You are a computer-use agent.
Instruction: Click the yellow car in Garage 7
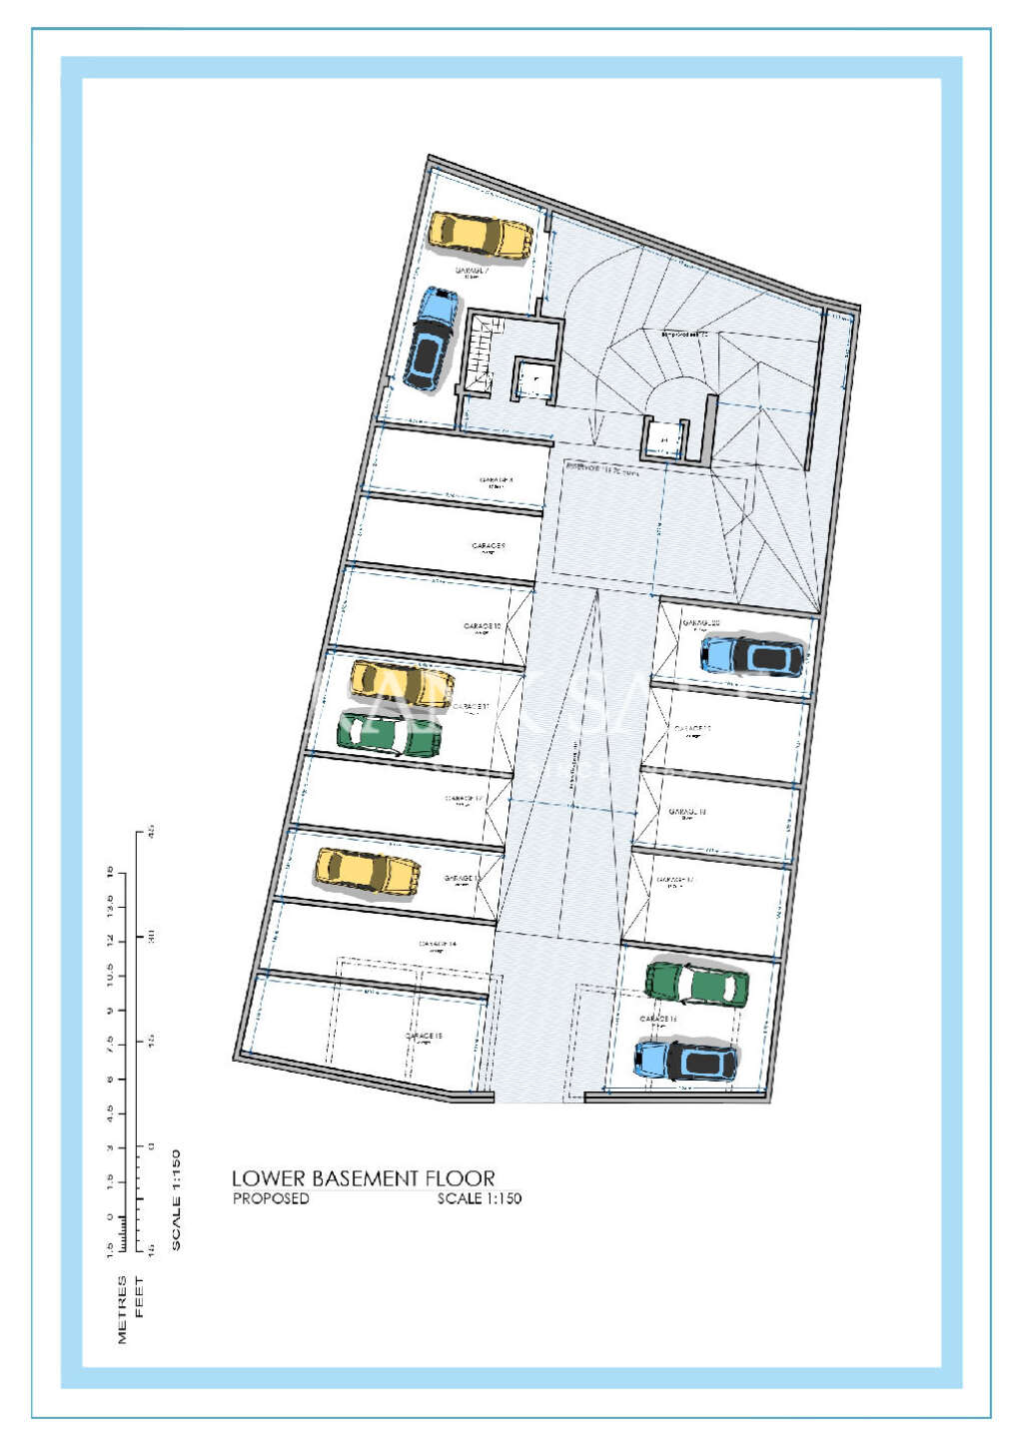pyautogui.click(x=481, y=236)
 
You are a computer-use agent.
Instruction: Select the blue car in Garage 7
pyautogui.click(x=432, y=340)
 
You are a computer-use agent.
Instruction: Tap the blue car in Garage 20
pyautogui.click(x=752, y=655)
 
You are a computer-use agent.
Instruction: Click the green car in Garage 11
pyautogui.click(x=389, y=733)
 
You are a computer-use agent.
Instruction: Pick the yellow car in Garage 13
pyautogui.click(x=368, y=871)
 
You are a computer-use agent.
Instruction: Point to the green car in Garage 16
pyautogui.click(x=696, y=984)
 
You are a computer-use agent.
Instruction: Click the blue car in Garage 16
pyautogui.click(x=686, y=1061)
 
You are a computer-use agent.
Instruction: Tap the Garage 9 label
pyautogui.click(x=489, y=546)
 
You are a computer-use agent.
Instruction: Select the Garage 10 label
pyautogui.click(x=483, y=627)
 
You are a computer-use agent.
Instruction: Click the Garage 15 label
pyautogui.click(x=424, y=1037)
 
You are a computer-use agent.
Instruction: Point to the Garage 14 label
pyautogui.click(x=438, y=944)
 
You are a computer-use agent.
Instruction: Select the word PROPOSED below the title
pyautogui.click(x=271, y=1198)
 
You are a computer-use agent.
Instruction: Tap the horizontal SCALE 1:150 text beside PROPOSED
pyautogui.click(x=479, y=1198)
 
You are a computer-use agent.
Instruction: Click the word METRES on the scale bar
pyautogui.click(x=123, y=1309)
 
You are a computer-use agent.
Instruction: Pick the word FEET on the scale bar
pyautogui.click(x=139, y=1296)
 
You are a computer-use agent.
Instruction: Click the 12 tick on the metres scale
pyautogui.click(x=110, y=941)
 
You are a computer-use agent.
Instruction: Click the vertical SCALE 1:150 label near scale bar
pyautogui.click(x=177, y=1199)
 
